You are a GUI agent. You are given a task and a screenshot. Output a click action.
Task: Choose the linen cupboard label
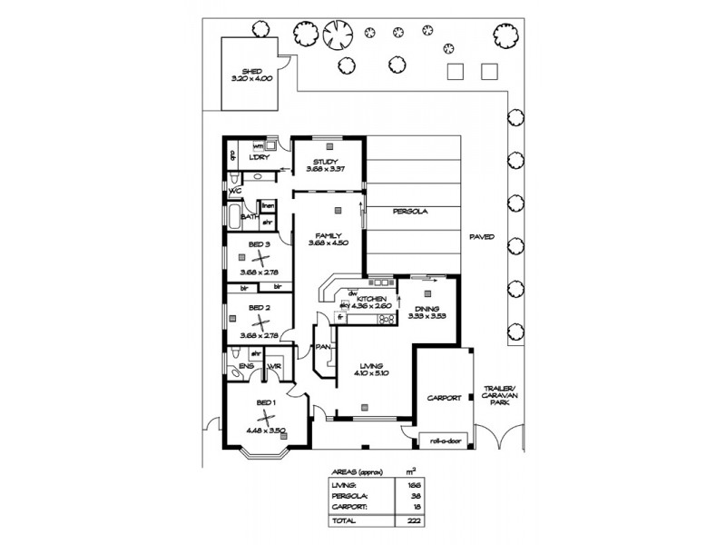pyautogui.click(x=268, y=207)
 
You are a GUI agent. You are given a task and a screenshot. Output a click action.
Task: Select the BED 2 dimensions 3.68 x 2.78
pyautogui.click(x=255, y=334)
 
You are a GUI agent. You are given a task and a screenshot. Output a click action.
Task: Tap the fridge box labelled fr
pyautogui.click(x=340, y=317)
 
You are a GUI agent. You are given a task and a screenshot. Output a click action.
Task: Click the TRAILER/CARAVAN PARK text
pyautogui.click(x=500, y=393)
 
